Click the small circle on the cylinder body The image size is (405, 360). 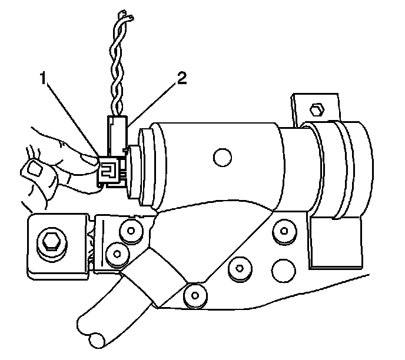221,156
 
